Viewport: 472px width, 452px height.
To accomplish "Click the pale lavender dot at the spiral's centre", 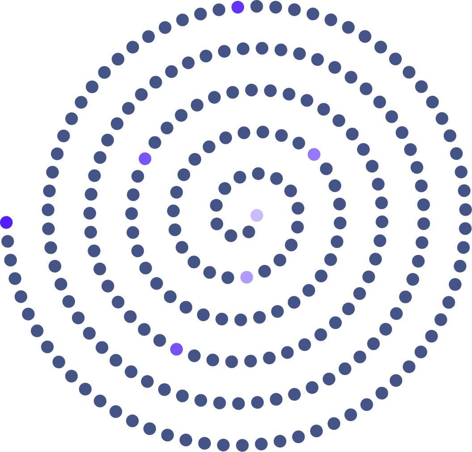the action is (x=257, y=215).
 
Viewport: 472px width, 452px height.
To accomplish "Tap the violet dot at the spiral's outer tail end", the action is (x=6, y=222).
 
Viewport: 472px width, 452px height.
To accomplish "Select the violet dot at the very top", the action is (x=238, y=7).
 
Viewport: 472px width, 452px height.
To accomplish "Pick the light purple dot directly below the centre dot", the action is (x=247, y=277).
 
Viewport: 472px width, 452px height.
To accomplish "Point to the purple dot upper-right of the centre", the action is (x=314, y=154).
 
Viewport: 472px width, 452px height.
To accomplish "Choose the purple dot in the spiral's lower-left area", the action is (x=177, y=349).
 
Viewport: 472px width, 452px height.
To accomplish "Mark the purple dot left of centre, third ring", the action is (x=145, y=158).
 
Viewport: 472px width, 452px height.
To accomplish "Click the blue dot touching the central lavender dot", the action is (x=249, y=232).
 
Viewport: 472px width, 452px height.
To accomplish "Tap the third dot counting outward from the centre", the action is (x=231, y=235).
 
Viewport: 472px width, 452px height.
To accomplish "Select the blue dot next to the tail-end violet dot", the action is (x=8, y=241).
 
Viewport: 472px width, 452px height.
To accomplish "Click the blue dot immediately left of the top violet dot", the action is (x=219, y=9).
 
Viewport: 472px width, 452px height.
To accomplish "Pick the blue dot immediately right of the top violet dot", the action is (x=257, y=6).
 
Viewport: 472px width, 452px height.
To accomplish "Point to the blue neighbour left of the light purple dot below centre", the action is (x=228, y=277).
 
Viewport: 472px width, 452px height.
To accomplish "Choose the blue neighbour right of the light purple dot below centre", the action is (x=265, y=271).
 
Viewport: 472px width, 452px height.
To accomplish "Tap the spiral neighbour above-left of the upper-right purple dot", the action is (x=299, y=143).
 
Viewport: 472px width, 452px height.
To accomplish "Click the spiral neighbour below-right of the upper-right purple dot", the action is (x=326, y=169).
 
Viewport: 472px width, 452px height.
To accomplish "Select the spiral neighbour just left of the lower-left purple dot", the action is (x=160, y=341).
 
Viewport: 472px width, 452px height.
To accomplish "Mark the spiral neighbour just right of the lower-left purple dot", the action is (x=194, y=356).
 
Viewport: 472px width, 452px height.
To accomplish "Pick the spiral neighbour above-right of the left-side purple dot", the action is (x=155, y=142).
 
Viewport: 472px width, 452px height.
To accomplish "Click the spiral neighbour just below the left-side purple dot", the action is (x=138, y=176).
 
